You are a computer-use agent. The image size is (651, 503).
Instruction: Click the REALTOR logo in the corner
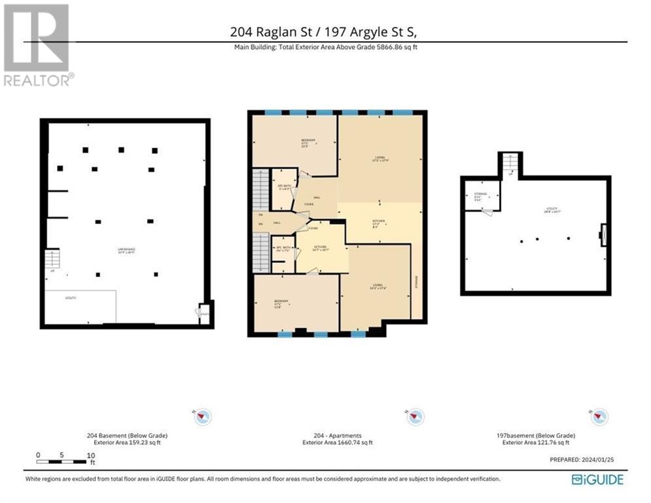(x=37, y=45)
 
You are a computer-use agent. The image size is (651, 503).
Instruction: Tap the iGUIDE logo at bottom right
(x=597, y=479)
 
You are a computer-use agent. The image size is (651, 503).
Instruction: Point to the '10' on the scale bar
(x=91, y=455)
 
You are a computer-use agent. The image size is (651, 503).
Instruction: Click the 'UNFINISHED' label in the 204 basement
(x=127, y=250)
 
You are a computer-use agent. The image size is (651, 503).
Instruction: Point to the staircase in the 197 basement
(x=510, y=164)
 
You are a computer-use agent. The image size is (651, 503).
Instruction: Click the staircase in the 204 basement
(x=52, y=259)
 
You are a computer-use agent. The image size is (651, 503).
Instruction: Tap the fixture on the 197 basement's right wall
(x=603, y=234)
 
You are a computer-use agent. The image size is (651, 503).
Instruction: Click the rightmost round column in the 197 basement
(x=569, y=238)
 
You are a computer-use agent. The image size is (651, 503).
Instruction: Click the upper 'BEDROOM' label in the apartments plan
(x=308, y=141)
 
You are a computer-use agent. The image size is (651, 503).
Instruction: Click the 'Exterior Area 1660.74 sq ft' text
(x=338, y=443)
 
